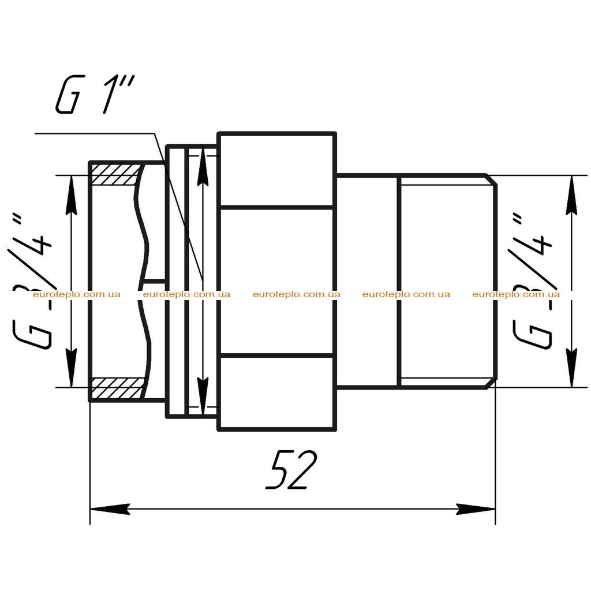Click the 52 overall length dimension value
click(x=291, y=469)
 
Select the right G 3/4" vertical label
click(x=532, y=281)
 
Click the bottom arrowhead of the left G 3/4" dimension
click(x=71, y=368)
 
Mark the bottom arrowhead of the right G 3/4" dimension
click(x=572, y=368)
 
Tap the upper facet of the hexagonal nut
click(x=276, y=170)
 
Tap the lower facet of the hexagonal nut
click(x=276, y=392)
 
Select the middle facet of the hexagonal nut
click(x=276, y=282)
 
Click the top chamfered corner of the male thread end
click(x=491, y=180)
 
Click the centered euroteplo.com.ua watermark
click(x=296, y=294)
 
